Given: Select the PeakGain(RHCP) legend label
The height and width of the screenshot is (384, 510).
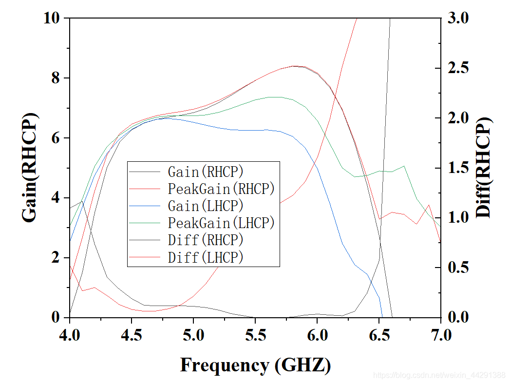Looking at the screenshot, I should point(221,189).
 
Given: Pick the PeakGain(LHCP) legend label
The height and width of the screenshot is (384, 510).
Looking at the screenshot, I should point(221,223).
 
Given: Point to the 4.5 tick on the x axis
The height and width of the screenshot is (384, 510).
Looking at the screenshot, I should point(132,336).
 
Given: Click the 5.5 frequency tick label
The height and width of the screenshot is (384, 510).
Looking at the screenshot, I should point(255,336).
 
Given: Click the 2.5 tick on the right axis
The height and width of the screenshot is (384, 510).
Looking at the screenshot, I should point(459,68).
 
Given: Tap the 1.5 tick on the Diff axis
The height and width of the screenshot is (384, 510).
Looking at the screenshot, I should point(459,168).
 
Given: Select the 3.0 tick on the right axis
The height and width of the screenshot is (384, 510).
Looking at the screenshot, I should point(459,18).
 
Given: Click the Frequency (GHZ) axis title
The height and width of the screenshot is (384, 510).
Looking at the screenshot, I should point(255,365).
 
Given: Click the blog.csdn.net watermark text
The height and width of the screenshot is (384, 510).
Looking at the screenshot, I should point(438,375).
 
